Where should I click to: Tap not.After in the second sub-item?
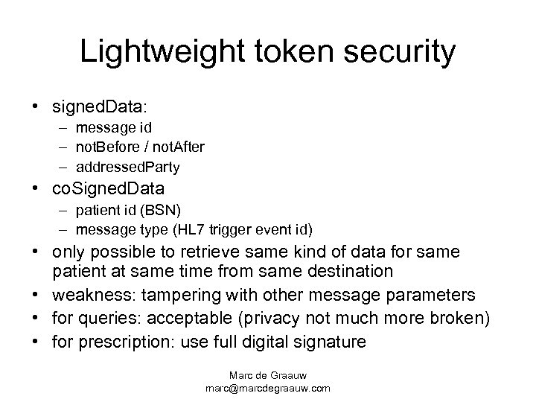tap(177, 147)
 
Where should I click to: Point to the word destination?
tap(351, 271)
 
